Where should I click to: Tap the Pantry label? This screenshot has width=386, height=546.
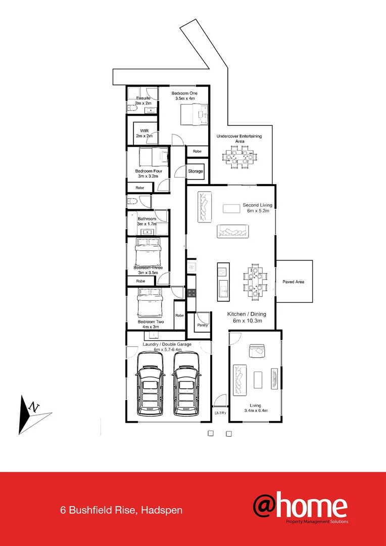[203, 325]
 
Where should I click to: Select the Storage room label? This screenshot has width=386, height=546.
[196, 171]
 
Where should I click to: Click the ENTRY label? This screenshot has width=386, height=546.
[220, 413]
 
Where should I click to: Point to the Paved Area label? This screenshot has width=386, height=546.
[293, 282]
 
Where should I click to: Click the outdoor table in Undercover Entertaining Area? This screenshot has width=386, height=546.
[240, 157]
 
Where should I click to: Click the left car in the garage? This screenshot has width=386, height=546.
[149, 384]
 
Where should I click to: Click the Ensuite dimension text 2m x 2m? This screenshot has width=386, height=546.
[143, 103]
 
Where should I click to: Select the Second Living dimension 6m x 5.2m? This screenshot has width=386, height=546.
[257, 211]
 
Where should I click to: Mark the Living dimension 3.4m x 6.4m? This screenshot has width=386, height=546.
[255, 411]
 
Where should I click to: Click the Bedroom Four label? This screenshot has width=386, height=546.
[149, 171]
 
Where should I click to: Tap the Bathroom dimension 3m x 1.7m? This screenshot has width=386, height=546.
[147, 223]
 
